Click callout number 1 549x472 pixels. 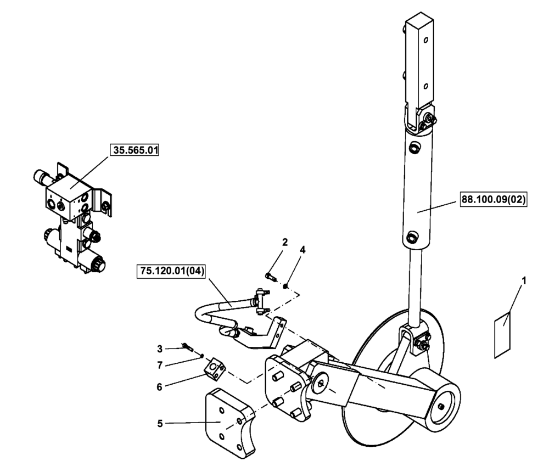[523, 280]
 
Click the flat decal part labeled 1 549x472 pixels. [503, 334]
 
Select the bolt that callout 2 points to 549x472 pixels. [269, 276]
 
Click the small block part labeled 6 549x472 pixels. [215, 368]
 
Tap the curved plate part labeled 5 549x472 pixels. [231, 423]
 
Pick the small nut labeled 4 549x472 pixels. [286, 285]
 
